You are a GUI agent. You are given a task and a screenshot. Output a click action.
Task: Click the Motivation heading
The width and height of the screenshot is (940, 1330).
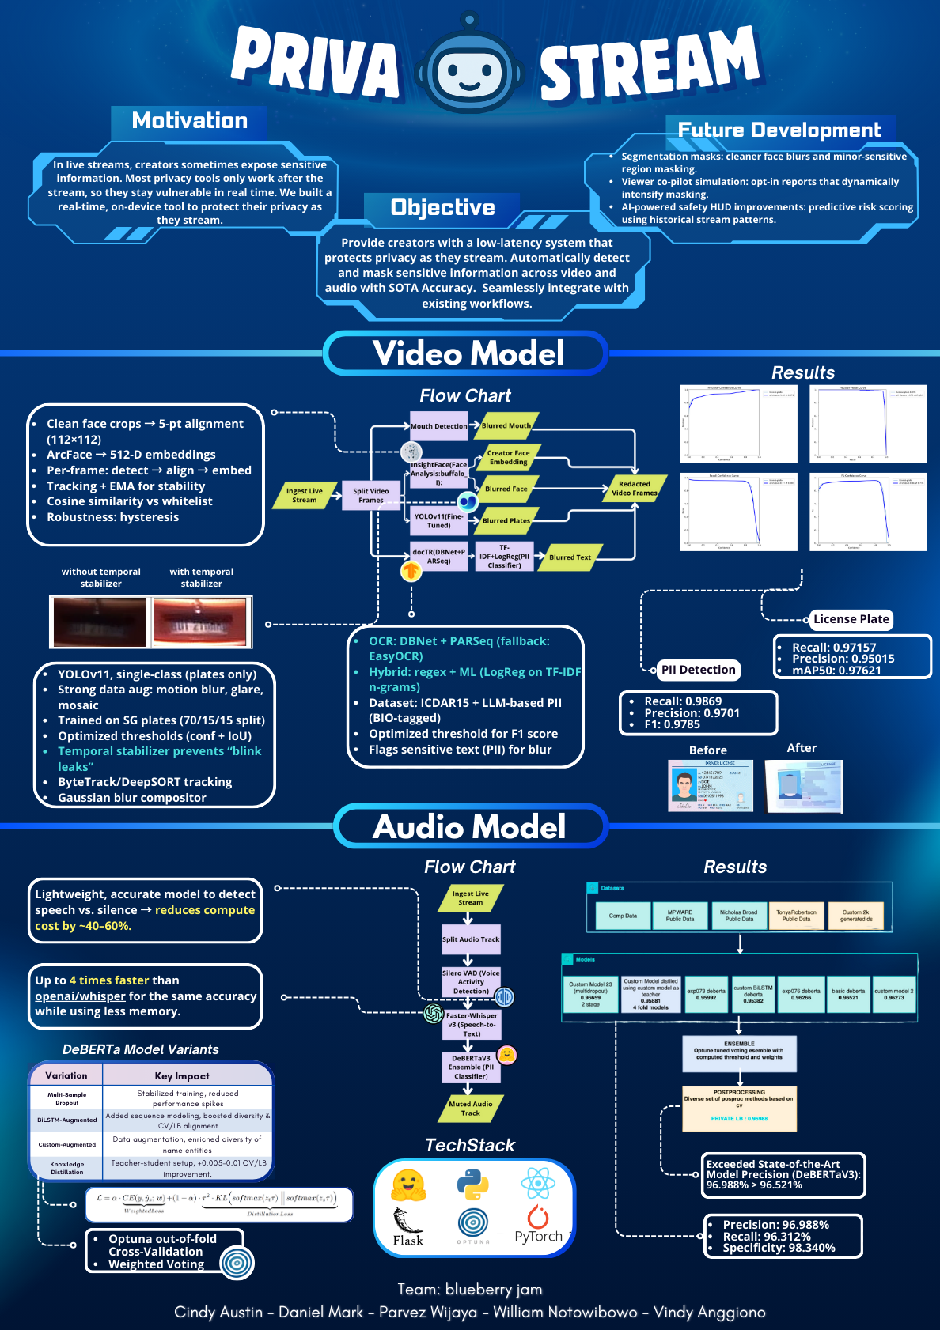tap(190, 121)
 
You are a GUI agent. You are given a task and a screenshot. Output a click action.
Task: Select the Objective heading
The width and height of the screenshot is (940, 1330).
tap(442, 208)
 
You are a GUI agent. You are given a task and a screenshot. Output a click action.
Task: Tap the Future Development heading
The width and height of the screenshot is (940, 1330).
tap(779, 130)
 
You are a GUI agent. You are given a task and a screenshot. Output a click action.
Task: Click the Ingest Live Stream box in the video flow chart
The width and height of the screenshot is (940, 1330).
tap(305, 496)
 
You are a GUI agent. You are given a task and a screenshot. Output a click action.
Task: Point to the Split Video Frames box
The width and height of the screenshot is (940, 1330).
tap(370, 496)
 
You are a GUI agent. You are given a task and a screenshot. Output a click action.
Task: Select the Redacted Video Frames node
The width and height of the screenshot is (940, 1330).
tap(635, 489)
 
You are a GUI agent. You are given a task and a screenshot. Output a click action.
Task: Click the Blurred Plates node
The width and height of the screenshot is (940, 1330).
tap(506, 520)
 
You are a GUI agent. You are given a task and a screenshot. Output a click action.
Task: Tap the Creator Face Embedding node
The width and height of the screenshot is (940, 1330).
tap(509, 458)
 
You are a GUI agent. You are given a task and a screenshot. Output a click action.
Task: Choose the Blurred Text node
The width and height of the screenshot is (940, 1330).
tap(570, 557)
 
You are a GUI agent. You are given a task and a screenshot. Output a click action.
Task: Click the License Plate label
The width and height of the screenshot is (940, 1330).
tap(851, 620)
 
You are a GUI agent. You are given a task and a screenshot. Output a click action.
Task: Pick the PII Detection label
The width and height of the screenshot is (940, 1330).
tap(698, 670)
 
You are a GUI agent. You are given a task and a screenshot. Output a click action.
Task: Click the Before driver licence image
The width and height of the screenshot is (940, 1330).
tap(711, 786)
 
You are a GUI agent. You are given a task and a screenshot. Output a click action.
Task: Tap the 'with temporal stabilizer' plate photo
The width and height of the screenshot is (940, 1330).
tap(201, 622)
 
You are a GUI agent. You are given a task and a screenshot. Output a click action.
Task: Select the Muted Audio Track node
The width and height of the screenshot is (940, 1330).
tap(471, 1109)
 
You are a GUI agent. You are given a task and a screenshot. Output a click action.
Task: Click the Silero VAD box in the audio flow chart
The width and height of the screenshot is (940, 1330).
tap(471, 982)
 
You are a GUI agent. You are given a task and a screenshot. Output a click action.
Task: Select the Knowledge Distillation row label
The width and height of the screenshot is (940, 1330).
tap(67, 1168)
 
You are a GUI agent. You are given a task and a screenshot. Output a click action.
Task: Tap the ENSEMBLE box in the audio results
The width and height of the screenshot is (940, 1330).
tap(739, 1053)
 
